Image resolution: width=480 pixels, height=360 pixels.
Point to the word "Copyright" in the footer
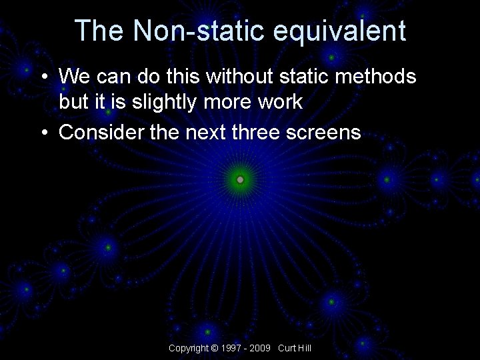pyautogui.click(x=188, y=348)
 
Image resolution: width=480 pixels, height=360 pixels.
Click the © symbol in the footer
pyautogui.click(x=214, y=348)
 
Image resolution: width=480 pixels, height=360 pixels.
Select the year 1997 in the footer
pyautogui.click(x=231, y=348)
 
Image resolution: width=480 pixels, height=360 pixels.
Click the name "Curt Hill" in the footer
pyautogui.click(x=295, y=348)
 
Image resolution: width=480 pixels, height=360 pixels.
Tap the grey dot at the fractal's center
pyautogui.click(x=240, y=179)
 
